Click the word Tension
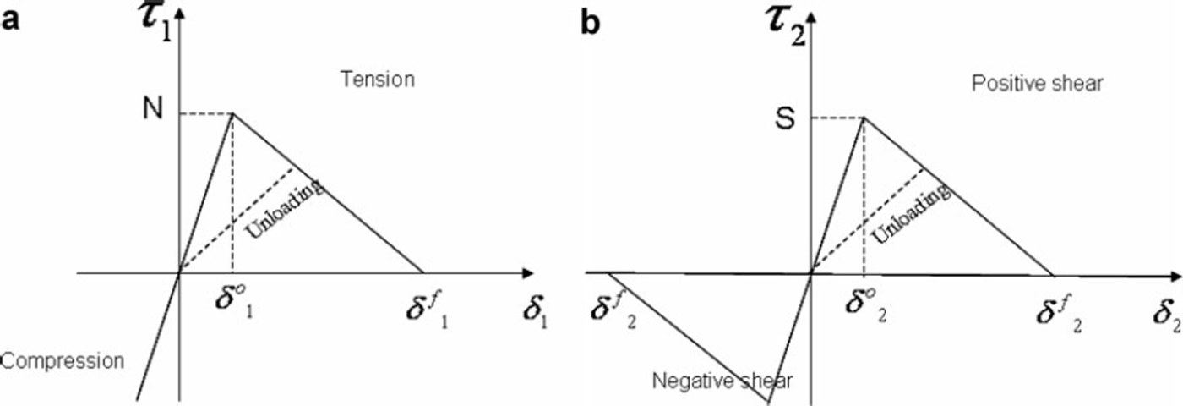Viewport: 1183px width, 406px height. tap(377, 80)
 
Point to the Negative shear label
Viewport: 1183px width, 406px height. tap(722, 380)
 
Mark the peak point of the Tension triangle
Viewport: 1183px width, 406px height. tap(233, 113)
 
